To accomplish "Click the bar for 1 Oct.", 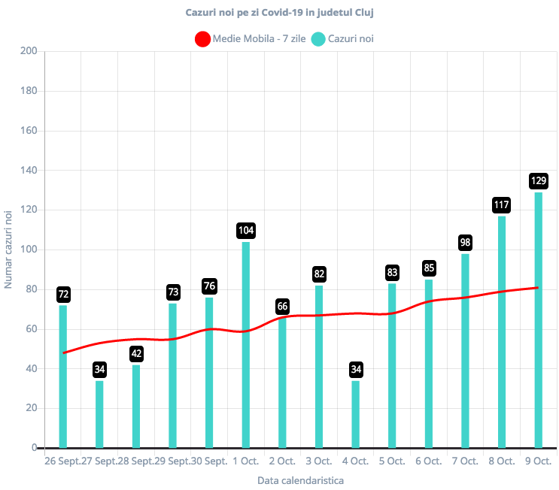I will point(245,345).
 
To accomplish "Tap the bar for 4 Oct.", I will point(355,414).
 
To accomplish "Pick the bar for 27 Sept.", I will point(99,414).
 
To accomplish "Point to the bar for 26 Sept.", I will point(62,377).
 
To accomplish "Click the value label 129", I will point(538,180).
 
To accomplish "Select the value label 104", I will point(245,230).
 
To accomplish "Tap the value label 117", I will point(501,204).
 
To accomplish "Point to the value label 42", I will point(136,353).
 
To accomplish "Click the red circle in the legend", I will point(202,39).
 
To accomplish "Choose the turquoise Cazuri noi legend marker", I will point(318,39).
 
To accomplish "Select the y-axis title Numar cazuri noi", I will point(9,250).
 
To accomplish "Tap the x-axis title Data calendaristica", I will point(300,479).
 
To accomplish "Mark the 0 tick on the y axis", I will point(34,448).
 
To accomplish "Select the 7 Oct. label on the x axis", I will point(465,461).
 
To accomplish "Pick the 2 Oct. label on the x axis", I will point(282,461).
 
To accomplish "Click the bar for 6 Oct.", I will point(428,364).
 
